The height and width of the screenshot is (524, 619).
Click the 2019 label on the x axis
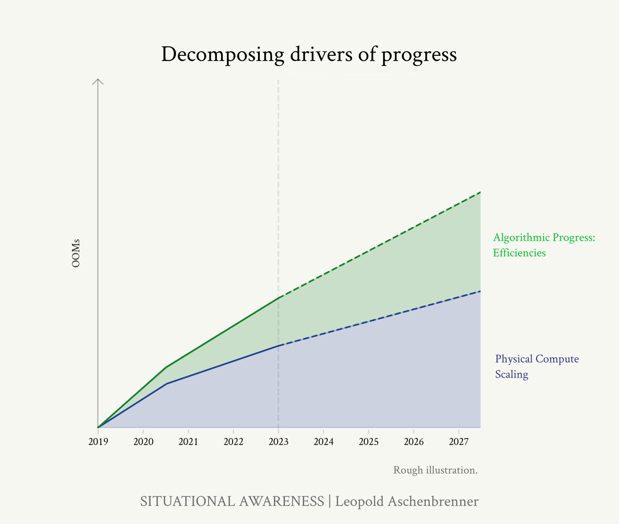[x=98, y=442]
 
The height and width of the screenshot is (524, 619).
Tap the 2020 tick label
[x=143, y=442]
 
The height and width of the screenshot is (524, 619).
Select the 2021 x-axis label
[x=188, y=442]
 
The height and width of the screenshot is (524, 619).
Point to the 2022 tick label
[x=233, y=442]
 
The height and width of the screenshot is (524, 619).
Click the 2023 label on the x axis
[x=279, y=442]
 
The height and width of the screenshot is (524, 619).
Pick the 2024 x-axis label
[x=324, y=442]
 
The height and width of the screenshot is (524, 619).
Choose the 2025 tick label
[x=369, y=442]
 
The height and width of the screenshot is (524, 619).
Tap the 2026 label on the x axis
[x=414, y=442]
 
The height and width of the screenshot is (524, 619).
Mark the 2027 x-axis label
[x=459, y=442]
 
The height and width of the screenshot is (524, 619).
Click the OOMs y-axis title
[x=76, y=253]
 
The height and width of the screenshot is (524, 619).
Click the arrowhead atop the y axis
[x=98, y=81]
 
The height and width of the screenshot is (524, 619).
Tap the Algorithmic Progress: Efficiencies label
[x=544, y=245]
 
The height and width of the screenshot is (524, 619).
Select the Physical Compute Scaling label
[x=537, y=366]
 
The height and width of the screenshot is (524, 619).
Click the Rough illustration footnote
[x=435, y=470]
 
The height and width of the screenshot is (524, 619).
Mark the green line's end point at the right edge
[x=480, y=192]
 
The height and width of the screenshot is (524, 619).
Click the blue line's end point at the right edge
[x=480, y=291]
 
